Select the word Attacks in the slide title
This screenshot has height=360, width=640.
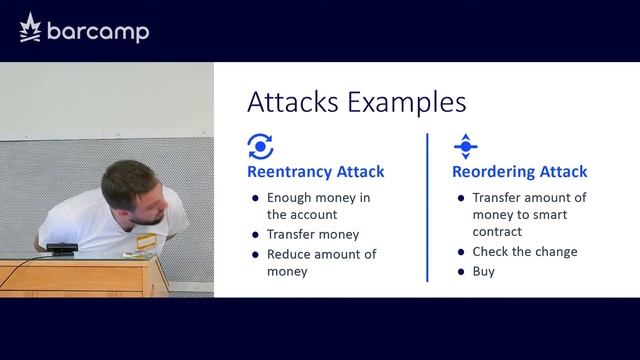[x=288, y=103]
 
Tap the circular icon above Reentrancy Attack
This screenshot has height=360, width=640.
[x=260, y=147]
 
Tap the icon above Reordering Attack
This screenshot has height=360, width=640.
[x=465, y=147]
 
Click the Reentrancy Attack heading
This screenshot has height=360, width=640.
[x=316, y=172]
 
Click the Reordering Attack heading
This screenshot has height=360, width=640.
[x=520, y=172]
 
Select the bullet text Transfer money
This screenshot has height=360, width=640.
[x=312, y=235]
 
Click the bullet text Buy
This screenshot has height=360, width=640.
[x=484, y=271]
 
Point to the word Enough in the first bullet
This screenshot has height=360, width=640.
[x=291, y=198]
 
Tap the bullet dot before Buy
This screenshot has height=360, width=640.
[x=460, y=272]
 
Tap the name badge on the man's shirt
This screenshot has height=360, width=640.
[x=147, y=242]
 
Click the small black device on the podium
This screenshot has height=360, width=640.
[x=63, y=249]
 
